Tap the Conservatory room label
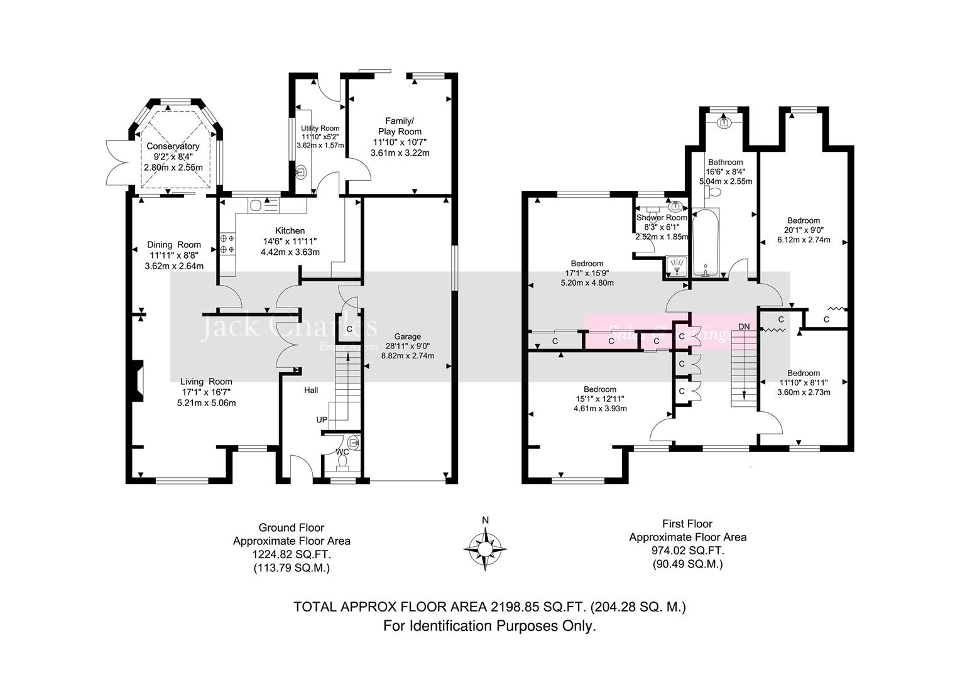(x=173, y=146)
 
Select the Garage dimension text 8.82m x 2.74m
(x=407, y=355)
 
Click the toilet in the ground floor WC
(x=342, y=463)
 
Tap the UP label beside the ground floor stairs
(x=322, y=419)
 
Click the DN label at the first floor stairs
(x=744, y=326)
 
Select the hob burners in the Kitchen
(x=227, y=244)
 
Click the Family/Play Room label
(x=400, y=126)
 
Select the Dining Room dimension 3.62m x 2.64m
(x=174, y=266)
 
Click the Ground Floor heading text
(x=292, y=528)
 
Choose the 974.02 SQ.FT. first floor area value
(x=687, y=551)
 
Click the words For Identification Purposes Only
(x=489, y=626)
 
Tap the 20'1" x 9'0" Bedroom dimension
(x=804, y=230)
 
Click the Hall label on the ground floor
(x=311, y=390)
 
